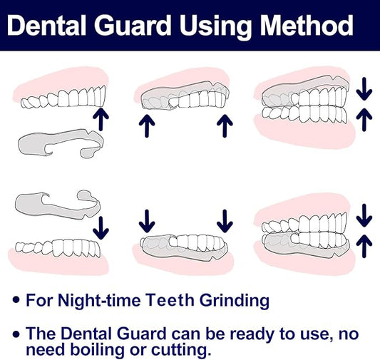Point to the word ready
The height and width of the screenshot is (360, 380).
coord(256,332)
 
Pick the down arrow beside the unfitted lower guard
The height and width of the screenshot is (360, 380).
coord(101,227)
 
